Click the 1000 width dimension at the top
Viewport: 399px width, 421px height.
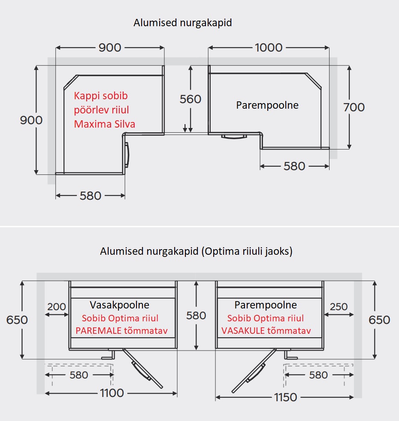269,47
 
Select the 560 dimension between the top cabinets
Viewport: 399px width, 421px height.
190,99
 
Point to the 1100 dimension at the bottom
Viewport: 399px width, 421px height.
112,393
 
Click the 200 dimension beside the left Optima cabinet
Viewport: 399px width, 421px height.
57,307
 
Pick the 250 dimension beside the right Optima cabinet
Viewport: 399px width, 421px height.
339,307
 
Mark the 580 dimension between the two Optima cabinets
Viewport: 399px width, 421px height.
196,315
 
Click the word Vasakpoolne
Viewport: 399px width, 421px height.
119,305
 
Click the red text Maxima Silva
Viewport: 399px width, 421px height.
105,124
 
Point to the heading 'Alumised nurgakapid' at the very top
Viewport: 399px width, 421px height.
182,23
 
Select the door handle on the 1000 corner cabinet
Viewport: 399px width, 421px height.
234,137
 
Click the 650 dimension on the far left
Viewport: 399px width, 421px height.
17,320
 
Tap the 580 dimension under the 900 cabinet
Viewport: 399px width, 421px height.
91,196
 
